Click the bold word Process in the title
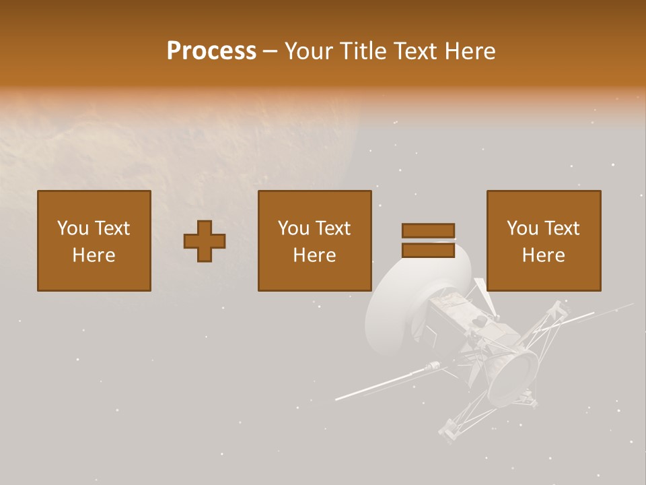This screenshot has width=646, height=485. (x=211, y=51)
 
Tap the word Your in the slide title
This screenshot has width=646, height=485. (x=310, y=51)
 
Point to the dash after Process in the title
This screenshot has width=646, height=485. (x=270, y=52)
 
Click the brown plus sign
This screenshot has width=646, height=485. (x=205, y=241)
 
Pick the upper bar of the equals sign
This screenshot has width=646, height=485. (x=428, y=230)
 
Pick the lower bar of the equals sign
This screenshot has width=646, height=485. (x=428, y=251)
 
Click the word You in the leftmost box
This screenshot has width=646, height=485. (x=72, y=228)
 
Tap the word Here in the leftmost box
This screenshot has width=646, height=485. (x=94, y=255)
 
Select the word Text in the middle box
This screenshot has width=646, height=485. (x=332, y=228)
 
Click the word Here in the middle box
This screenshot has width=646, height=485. (x=314, y=255)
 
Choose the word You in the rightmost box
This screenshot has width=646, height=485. (x=522, y=228)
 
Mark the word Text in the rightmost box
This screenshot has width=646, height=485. (x=561, y=228)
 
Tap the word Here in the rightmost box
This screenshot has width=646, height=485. (x=543, y=255)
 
